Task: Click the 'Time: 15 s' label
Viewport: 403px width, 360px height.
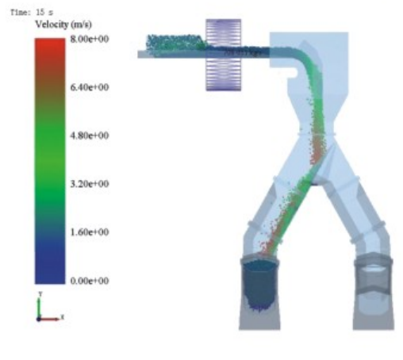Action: pyautogui.click(x=32, y=12)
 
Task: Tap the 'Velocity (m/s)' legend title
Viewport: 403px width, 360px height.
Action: pyautogui.click(x=63, y=25)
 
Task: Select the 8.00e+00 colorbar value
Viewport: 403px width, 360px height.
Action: pyautogui.click(x=90, y=39)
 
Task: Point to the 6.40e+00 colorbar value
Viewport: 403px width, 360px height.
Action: pyautogui.click(x=90, y=87)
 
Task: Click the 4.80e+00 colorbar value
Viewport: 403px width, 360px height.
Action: pyautogui.click(x=90, y=136)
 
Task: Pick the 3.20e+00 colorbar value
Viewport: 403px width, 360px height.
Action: pyautogui.click(x=90, y=184)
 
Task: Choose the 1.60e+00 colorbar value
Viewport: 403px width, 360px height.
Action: pyautogui.click(x=90, y=232)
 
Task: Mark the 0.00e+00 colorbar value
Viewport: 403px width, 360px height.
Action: pyautogui.click(x=90, y=281)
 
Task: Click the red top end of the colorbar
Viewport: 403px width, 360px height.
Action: pyautogui.click(x=50, y=42)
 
